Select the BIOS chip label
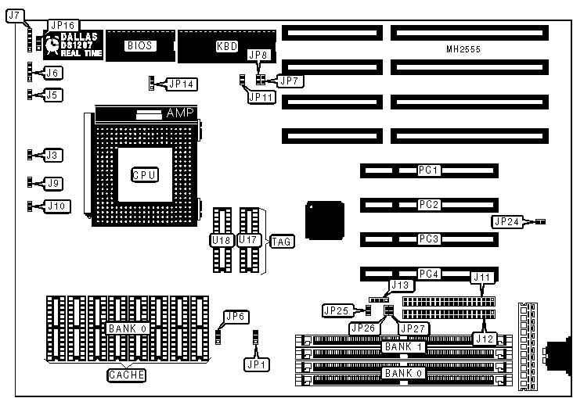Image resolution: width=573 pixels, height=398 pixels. pos(139,46)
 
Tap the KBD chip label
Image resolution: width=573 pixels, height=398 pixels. pos(227,46)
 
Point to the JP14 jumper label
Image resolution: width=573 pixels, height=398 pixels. pos(182,83)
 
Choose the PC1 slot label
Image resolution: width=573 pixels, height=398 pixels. pos(429,170)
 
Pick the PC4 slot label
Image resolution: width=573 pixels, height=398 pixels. pos(429,274)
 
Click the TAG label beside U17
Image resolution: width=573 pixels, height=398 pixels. pos(281,241)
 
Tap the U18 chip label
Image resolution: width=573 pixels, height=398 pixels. pos(222,239)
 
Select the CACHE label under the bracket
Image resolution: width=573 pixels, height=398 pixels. pos(127,375)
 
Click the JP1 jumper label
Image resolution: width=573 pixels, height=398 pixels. pos(255,364)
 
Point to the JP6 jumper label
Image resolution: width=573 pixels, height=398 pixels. pos(236,317)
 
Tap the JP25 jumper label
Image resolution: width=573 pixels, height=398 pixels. pos(337,310)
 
